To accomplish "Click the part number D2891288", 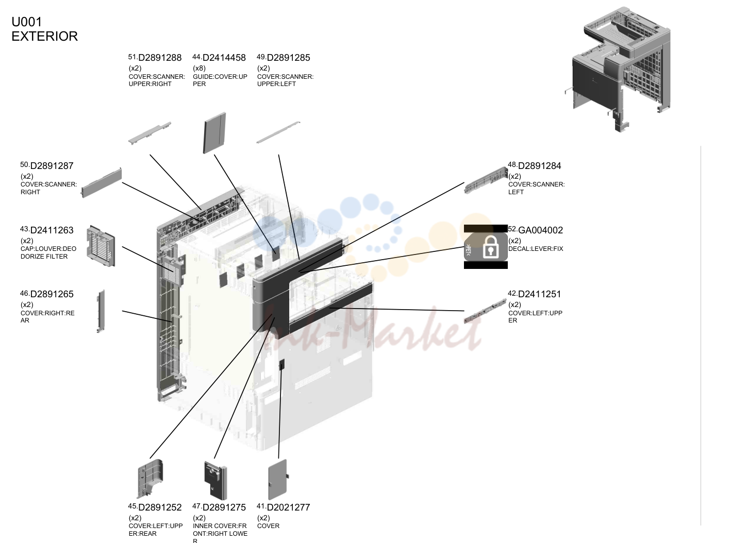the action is click(x=160, y=58).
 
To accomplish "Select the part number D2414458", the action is click(x=224, y=58).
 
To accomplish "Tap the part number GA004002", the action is click(x=541, y=230).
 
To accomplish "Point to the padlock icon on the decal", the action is click(x=491, y=247).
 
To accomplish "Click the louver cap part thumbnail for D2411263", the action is click(x=101, y=246).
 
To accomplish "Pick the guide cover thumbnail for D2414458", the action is click(x=214, y=133).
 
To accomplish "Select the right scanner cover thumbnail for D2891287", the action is click(x=102, y=183).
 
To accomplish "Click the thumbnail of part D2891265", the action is click(x=101, y=311).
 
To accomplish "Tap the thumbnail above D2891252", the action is click(x=150, y=479).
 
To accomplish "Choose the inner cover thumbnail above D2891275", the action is click(x=215, y=481).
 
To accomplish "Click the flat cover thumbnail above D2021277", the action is click(x=278, y=479).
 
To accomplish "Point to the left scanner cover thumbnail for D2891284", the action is click(x=486, y=180).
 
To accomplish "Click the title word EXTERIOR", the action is click(x=45, y=36).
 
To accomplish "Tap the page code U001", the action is click(x=27, y=22).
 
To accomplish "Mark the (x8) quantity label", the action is click(x=199, y=68).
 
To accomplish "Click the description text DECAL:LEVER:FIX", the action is click(x=536, y=249).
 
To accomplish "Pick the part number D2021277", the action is click(x=289, y=507).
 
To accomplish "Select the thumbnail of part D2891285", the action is click(x=278, y=132).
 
